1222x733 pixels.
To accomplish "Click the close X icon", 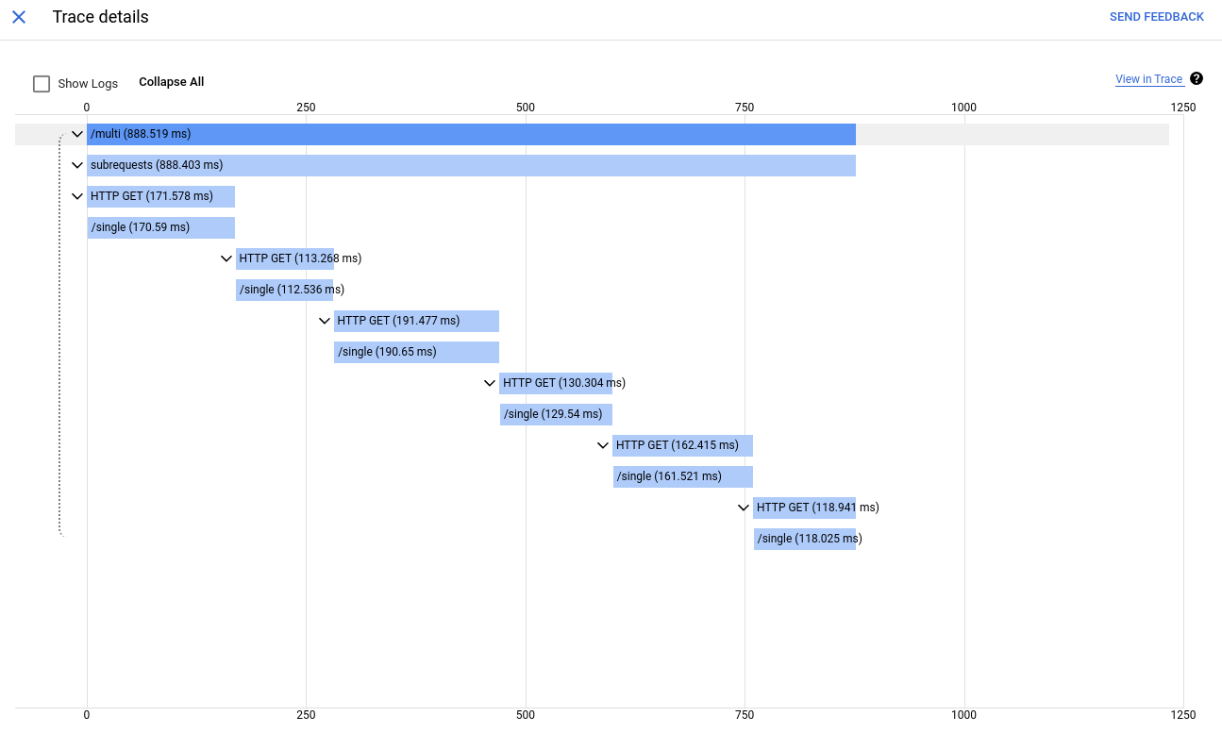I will [19, 17].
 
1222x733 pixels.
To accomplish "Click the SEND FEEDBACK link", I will [1156, 17].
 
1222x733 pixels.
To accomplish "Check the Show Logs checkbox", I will [42, 84].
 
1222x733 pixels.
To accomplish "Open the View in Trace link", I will [1148, 79].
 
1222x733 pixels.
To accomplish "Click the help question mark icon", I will [1197, 78].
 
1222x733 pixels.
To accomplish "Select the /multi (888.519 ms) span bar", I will [471, 134].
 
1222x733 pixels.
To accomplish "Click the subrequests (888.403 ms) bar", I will [471, 165].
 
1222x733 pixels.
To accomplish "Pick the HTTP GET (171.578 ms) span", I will [160, 196].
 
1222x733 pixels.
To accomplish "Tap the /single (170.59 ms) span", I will [160, 227].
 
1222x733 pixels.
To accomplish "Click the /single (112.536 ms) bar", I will [284, 290].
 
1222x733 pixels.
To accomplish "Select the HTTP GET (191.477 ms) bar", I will [416, 321].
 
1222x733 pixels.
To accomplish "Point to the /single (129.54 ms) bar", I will [556, 414].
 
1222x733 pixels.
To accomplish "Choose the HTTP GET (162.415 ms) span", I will [682, 445].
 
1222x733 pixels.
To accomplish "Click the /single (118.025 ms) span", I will [804, 539].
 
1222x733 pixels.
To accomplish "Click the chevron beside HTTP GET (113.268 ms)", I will [226, 258].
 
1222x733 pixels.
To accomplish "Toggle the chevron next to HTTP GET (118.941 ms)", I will [744, 508].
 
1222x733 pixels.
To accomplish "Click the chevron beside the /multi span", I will [77, 134].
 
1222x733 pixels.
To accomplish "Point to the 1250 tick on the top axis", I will [1182, 108].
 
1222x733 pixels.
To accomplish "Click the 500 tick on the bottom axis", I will [526, 715].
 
